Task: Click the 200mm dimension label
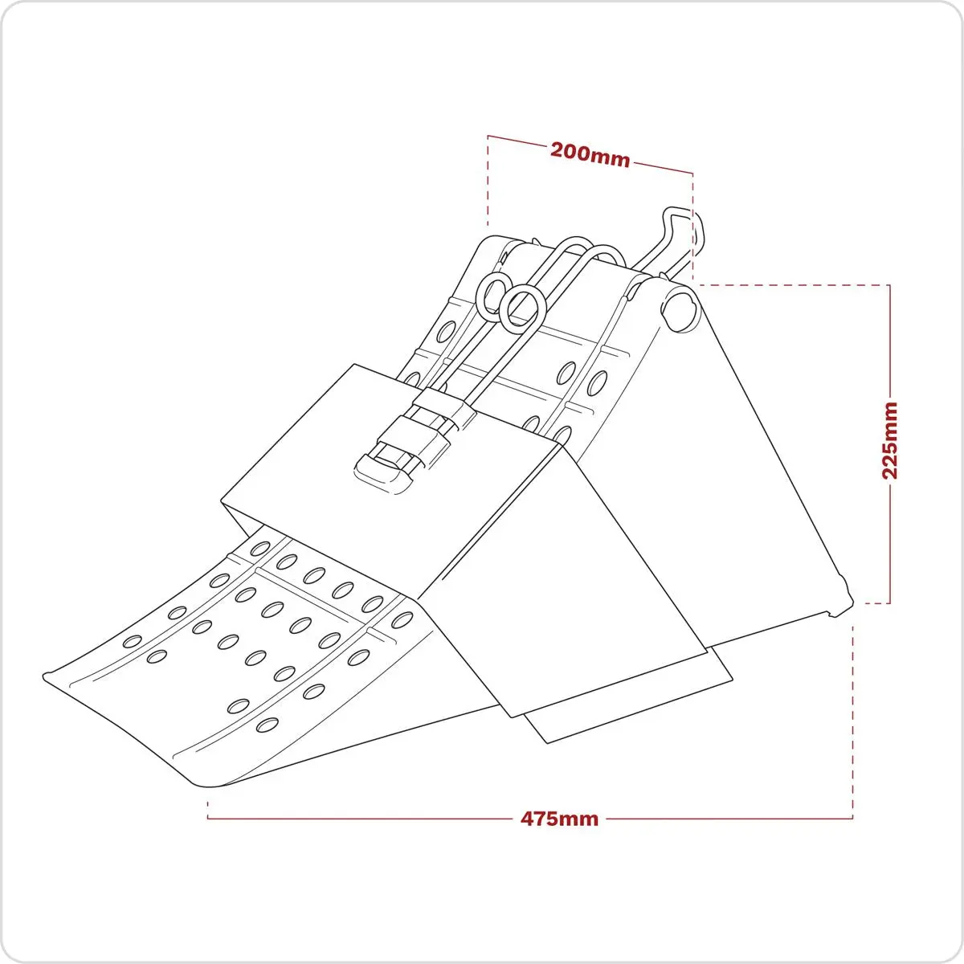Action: click(590, 155)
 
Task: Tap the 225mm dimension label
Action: click(890, 440)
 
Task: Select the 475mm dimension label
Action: click(559, 819)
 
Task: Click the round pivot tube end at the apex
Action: click(680, 311)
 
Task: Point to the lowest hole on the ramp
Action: click(268, 725)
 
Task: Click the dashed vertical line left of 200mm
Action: click(488, 180)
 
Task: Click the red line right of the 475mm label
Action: click(729, 819)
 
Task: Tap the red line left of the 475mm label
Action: click(360, 819)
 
